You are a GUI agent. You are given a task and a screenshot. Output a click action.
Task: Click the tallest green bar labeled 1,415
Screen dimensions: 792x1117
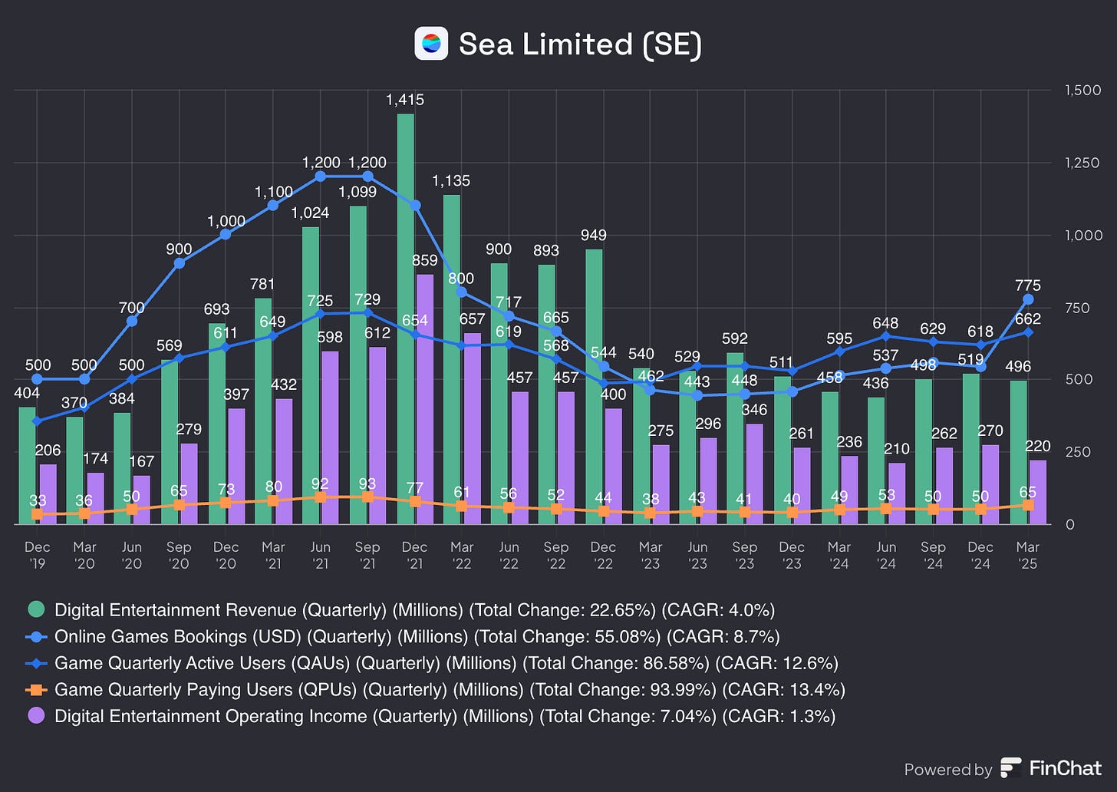coord(405,318)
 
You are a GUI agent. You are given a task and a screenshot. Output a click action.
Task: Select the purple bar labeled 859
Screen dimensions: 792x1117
coord(424,399)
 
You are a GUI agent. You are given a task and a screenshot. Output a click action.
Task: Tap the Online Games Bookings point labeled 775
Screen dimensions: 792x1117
coord(1028,299)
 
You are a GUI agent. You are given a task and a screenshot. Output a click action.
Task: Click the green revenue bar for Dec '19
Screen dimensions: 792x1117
coord(28,465)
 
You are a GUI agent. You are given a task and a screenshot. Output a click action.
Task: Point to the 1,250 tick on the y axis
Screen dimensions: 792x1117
coord(1082,163)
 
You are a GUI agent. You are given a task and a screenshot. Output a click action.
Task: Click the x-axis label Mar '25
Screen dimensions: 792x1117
coord(1027,555)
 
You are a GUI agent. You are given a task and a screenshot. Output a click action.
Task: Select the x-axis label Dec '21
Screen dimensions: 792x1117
coord(414,555)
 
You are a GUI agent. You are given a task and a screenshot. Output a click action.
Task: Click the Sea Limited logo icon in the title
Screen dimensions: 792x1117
coord(431,44)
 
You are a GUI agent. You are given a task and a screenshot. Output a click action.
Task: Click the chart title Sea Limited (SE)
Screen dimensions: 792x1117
coord(580,44)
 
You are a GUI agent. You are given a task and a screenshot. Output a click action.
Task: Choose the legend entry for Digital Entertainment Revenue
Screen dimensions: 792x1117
coord(414,610)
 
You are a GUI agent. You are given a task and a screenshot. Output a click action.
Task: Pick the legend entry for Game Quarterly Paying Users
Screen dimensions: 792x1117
coord(450,689)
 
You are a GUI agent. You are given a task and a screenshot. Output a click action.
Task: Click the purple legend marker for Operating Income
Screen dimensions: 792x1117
coord(36,715)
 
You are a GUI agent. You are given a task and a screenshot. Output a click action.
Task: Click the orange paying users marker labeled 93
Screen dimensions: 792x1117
coord(367,497)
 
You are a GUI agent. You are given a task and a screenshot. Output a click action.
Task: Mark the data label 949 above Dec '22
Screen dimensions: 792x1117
coord(593,235)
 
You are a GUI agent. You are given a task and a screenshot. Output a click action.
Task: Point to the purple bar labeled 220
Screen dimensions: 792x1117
coord(1037,492)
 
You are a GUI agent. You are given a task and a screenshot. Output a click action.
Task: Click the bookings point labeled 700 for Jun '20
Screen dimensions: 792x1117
coord(132,321)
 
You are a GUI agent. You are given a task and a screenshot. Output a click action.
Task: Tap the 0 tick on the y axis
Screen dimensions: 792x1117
coord(1070,524)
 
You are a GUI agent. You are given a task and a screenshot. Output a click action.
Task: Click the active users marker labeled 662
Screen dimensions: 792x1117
coord(1028,332)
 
